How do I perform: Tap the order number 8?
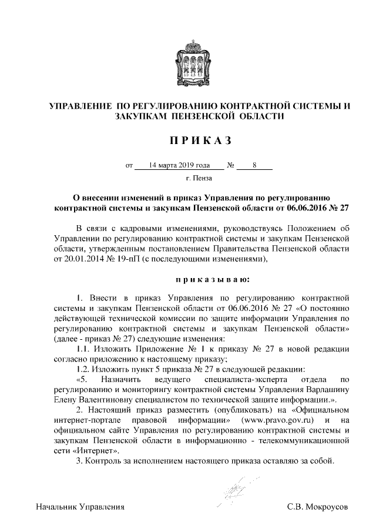pos(254,166)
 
